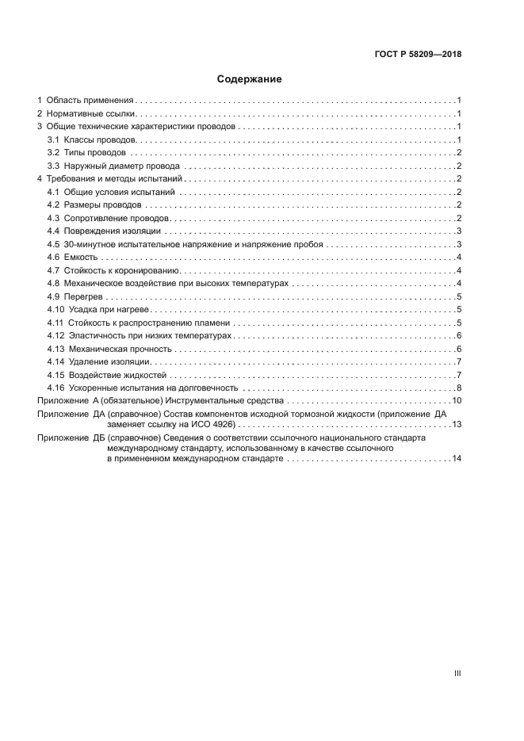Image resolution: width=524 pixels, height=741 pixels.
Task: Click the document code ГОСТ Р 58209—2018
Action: (418, 55)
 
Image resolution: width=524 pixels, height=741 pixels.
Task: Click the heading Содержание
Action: (250, 79)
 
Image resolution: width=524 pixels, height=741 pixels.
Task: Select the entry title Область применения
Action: (90, 101)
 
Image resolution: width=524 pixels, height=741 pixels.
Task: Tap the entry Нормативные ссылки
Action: (86, 114)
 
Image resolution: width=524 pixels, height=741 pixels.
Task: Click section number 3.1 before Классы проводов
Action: (53, 139)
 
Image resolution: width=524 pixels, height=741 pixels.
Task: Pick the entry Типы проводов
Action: (94, 152)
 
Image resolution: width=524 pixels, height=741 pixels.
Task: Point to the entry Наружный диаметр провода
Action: (122, 166)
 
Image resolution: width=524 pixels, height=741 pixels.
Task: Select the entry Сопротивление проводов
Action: (117, 218)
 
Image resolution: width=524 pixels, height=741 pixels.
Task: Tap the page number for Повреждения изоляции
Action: (459, 231)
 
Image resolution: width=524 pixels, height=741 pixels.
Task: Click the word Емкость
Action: (82, 257)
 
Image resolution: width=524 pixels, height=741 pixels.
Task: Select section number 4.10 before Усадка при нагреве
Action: (55, 309)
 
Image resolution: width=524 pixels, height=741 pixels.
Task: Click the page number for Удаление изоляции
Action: (459, 361)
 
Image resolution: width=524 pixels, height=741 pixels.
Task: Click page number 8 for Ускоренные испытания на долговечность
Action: (459, 388)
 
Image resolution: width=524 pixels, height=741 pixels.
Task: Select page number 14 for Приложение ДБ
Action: (456, 459)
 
